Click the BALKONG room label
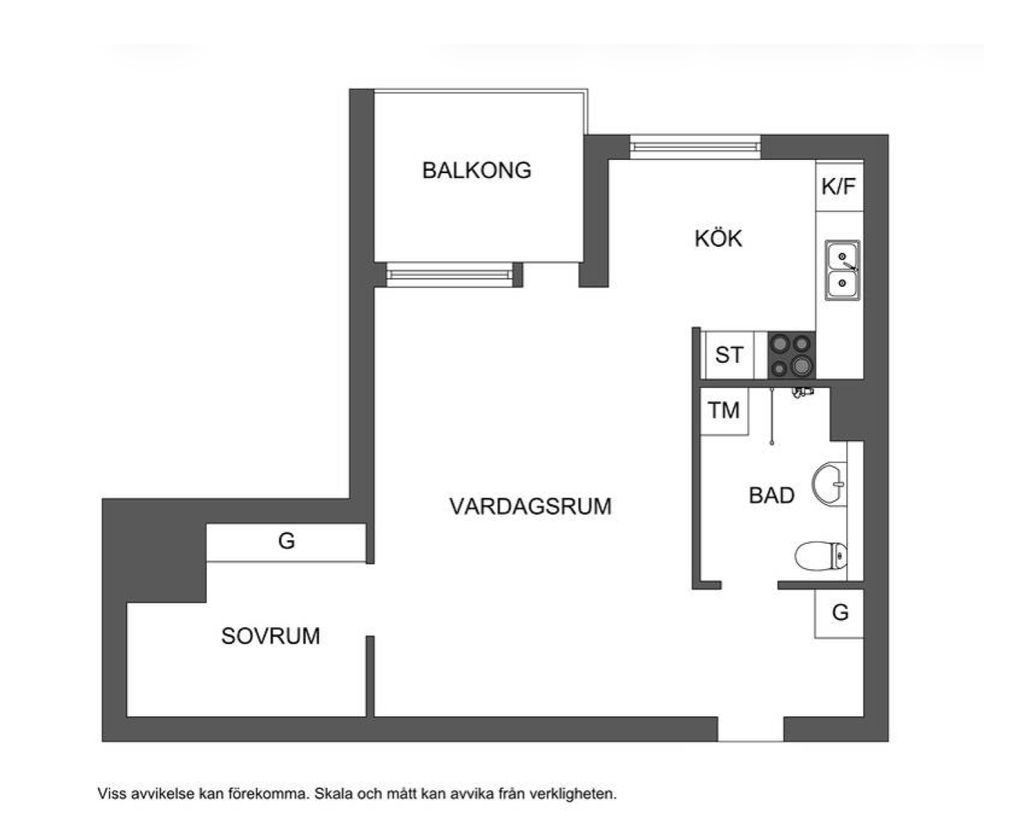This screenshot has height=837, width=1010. (x=477, y=170)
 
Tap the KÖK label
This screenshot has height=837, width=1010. (x=718, y=238)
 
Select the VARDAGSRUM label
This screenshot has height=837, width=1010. (x=531, y=506)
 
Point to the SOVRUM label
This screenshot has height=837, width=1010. (x=271, y=636)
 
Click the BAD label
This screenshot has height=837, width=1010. (x=772, y=495)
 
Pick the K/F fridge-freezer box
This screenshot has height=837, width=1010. (x=839, y=187)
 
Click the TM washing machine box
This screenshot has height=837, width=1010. (x=724, y=411)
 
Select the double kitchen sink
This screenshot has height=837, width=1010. (x=842, y=270)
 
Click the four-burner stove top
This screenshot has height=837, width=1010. (x=791, y=355)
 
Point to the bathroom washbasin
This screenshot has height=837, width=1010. (x=830, y=484)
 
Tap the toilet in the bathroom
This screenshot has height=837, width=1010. (x=821, y=556)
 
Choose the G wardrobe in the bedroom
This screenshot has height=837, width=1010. (x=286, y=542)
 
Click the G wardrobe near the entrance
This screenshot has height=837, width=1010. (x=839, y=613)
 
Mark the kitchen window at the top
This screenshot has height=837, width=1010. (x=695, y=146)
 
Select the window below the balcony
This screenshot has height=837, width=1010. (x=449, y=275)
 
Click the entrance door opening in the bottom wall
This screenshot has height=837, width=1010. (x=750, y=729)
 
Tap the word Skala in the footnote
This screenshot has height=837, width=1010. (x=333, y=793)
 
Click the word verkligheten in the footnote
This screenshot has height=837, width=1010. (x=573, y=794)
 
